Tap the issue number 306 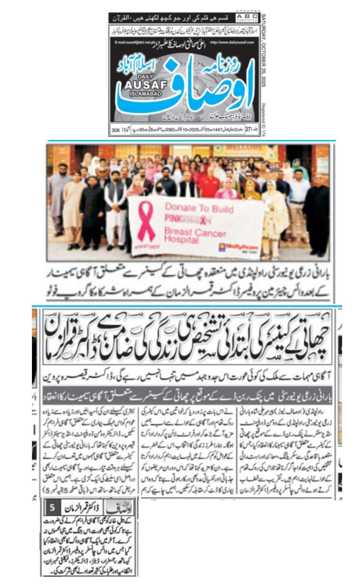(116, 131)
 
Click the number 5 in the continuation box (52, 507)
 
